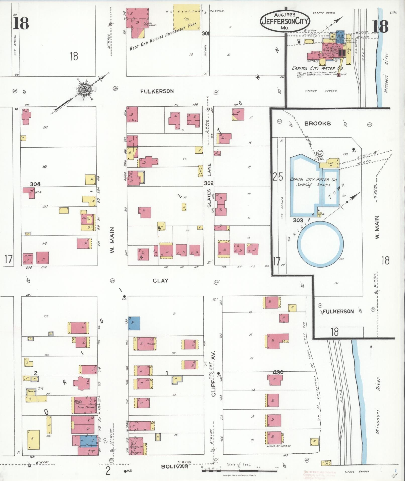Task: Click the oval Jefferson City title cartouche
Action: (285, 21)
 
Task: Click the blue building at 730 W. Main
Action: (134, 323)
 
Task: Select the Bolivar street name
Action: (175, 466)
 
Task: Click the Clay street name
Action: (160, 281)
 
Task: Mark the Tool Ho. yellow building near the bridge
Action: (326, 463)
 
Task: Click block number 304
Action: (35, 184)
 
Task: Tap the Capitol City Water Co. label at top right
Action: (318, 68)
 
